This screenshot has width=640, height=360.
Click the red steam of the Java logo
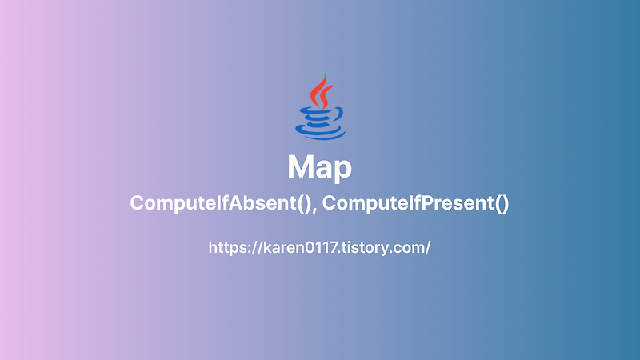[321, 91]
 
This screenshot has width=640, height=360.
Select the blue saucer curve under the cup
[320, 134]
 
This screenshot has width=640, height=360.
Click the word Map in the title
[320, 169]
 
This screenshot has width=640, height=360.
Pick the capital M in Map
[300, 168]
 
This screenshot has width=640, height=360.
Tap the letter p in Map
[342, 172]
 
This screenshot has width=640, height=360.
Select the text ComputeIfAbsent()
[221, 204]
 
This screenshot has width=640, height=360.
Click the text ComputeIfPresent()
[416, 204]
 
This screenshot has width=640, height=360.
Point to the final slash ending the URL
[429, 248]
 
